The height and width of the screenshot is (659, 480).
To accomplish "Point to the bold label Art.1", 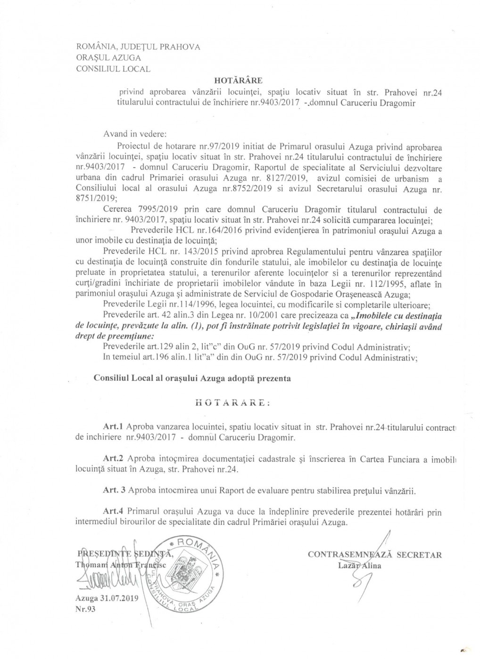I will coord(113,427).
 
